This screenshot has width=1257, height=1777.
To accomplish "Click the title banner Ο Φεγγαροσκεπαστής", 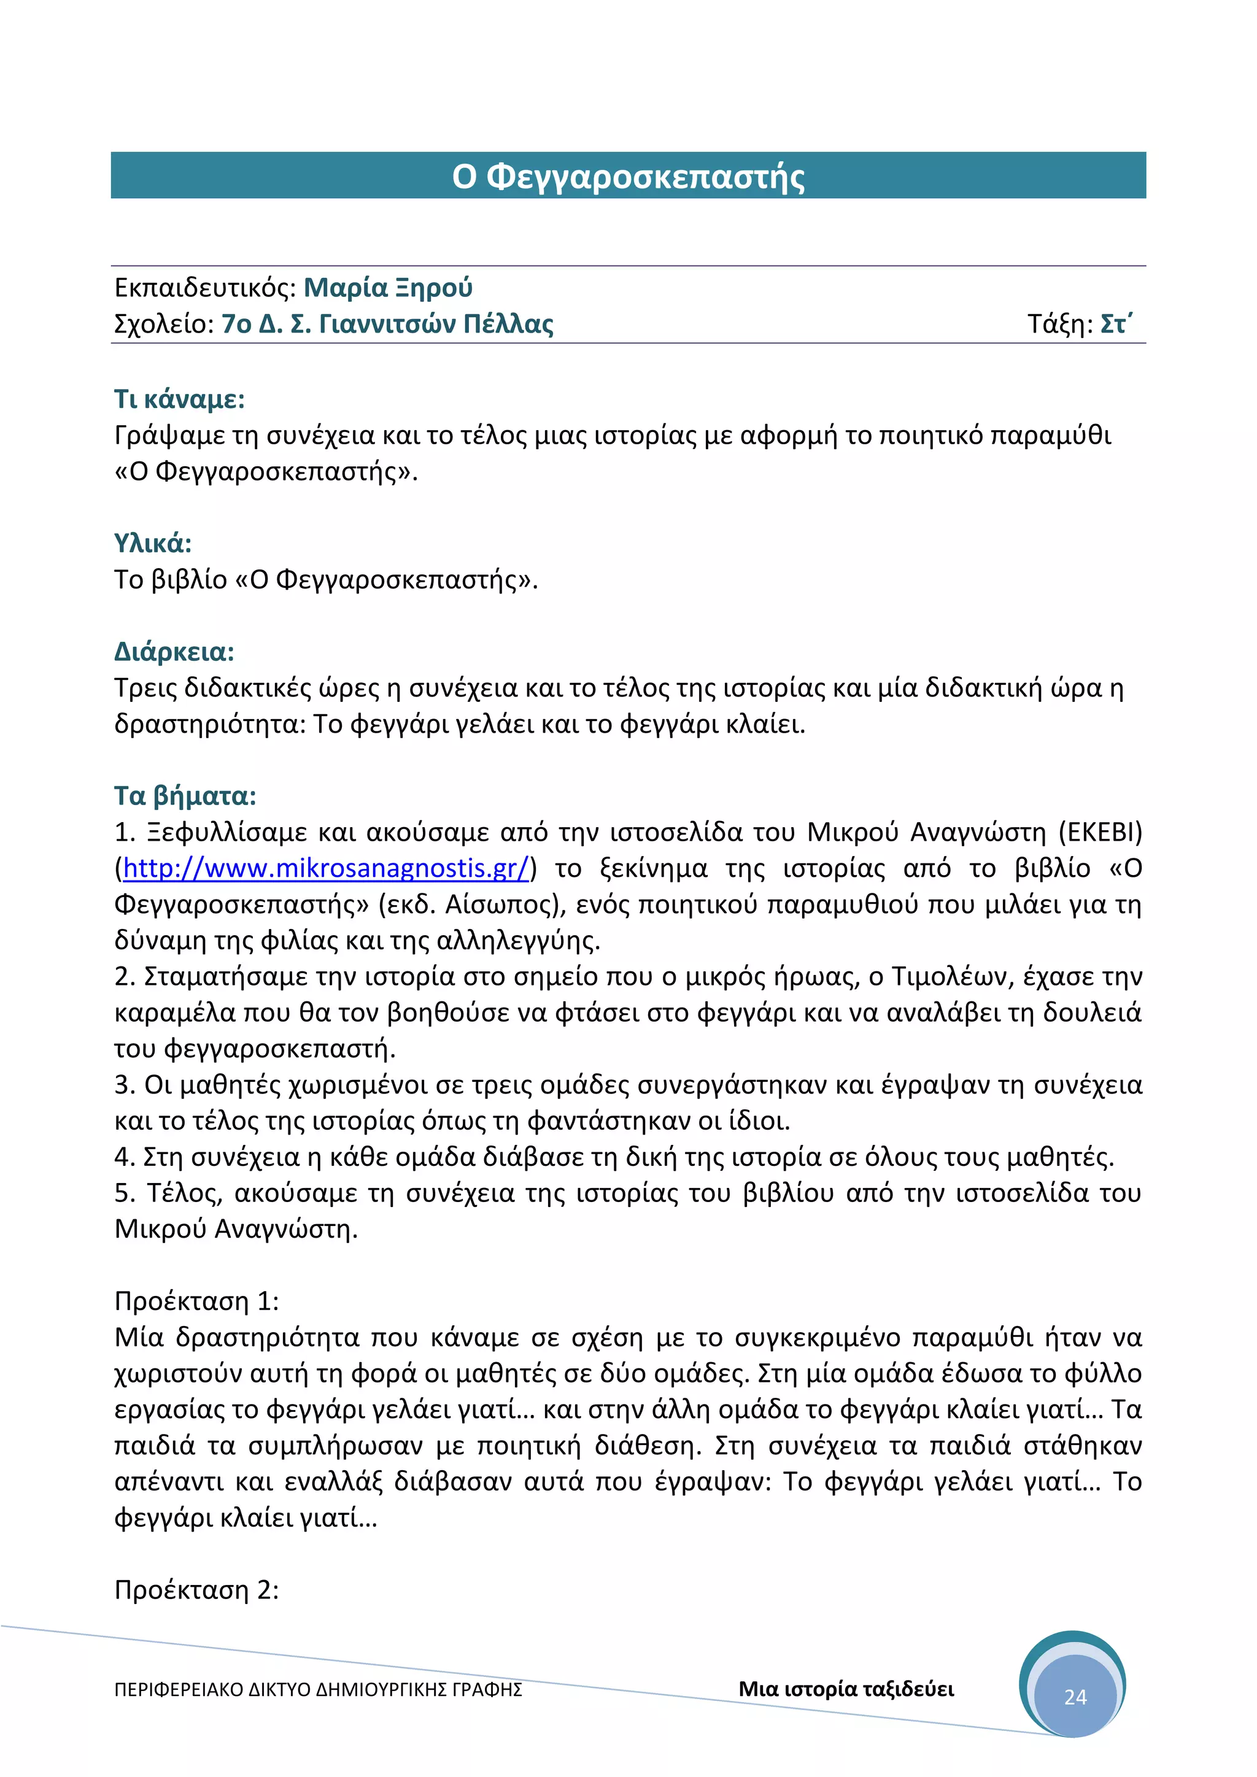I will (x=628, y=177).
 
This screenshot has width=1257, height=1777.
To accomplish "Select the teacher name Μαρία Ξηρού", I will (x=388, y=288).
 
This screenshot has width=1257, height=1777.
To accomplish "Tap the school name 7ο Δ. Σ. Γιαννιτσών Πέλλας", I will (x=388, y=323).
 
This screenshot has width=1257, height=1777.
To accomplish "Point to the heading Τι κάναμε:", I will (x=180, y=399).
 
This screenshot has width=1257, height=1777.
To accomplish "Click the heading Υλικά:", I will (x=152, y=543).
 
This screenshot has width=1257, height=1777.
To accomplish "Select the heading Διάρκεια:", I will (x=174, y=652).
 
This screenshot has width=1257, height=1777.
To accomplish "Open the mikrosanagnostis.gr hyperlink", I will (x=326, y=868).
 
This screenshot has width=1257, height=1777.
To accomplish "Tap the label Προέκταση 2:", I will (x=196, y=1590).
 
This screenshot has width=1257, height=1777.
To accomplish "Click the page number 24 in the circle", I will (x=1075, y=1697).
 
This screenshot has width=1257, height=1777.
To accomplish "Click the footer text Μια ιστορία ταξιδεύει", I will (x=846, y=1689).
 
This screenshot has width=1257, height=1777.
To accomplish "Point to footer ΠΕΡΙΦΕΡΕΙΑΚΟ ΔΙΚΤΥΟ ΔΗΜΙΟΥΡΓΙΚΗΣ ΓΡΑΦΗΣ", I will (x=318, y=1689).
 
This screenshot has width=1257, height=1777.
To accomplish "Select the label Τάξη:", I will (x=1059, y=323).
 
